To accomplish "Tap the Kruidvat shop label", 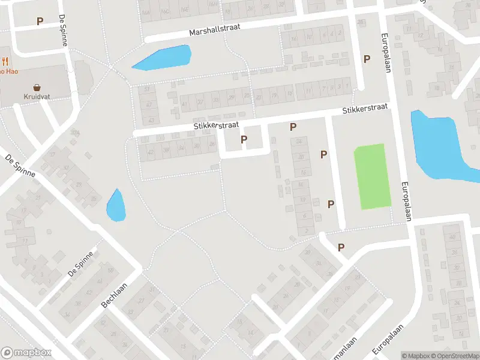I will pos(37,97).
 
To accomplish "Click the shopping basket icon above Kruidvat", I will pos(37,87).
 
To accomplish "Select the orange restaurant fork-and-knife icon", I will pos(5,61).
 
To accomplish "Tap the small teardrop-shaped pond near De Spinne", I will pos(115,206).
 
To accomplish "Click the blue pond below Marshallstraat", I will pos(163,58).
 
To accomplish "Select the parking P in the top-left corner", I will pos(40,21).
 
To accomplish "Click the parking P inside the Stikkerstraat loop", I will pos(244,139).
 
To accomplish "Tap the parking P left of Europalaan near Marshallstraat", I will pos(366,59).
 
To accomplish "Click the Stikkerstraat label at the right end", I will pos(365,109).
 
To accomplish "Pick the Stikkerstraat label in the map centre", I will pos(216,125).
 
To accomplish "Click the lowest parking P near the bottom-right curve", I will pos(341,247).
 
